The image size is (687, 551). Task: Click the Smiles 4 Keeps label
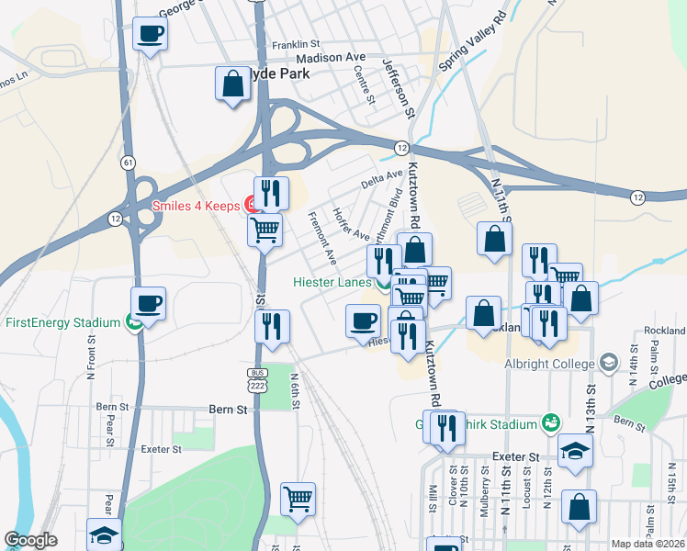(x=197, y=206)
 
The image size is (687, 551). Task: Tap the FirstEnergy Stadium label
(x=62, y=322)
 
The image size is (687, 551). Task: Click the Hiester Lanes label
(x=332, y=283)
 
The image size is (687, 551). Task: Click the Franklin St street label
(x=295, y=43)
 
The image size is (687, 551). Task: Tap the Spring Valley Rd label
(x=473, y=43)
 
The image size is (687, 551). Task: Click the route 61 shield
(x=124, y=163)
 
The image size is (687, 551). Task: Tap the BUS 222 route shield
(x=257, y=378)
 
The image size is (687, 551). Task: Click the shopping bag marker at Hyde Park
(x=233, y=84)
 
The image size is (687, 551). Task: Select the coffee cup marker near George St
(x=150, y=35)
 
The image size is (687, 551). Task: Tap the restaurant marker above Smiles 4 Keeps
(x=271, y=193)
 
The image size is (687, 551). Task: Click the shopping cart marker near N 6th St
(x=298, y=500)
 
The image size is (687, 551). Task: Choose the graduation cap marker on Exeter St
(x=576, y=451)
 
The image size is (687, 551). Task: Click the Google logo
(x=30, y=541)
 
